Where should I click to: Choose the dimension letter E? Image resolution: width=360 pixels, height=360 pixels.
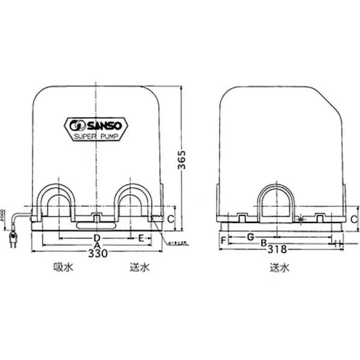point(141,238)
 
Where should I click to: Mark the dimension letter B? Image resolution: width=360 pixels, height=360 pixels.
point(263,243)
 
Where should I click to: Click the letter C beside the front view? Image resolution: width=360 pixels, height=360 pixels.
point(170,219)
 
